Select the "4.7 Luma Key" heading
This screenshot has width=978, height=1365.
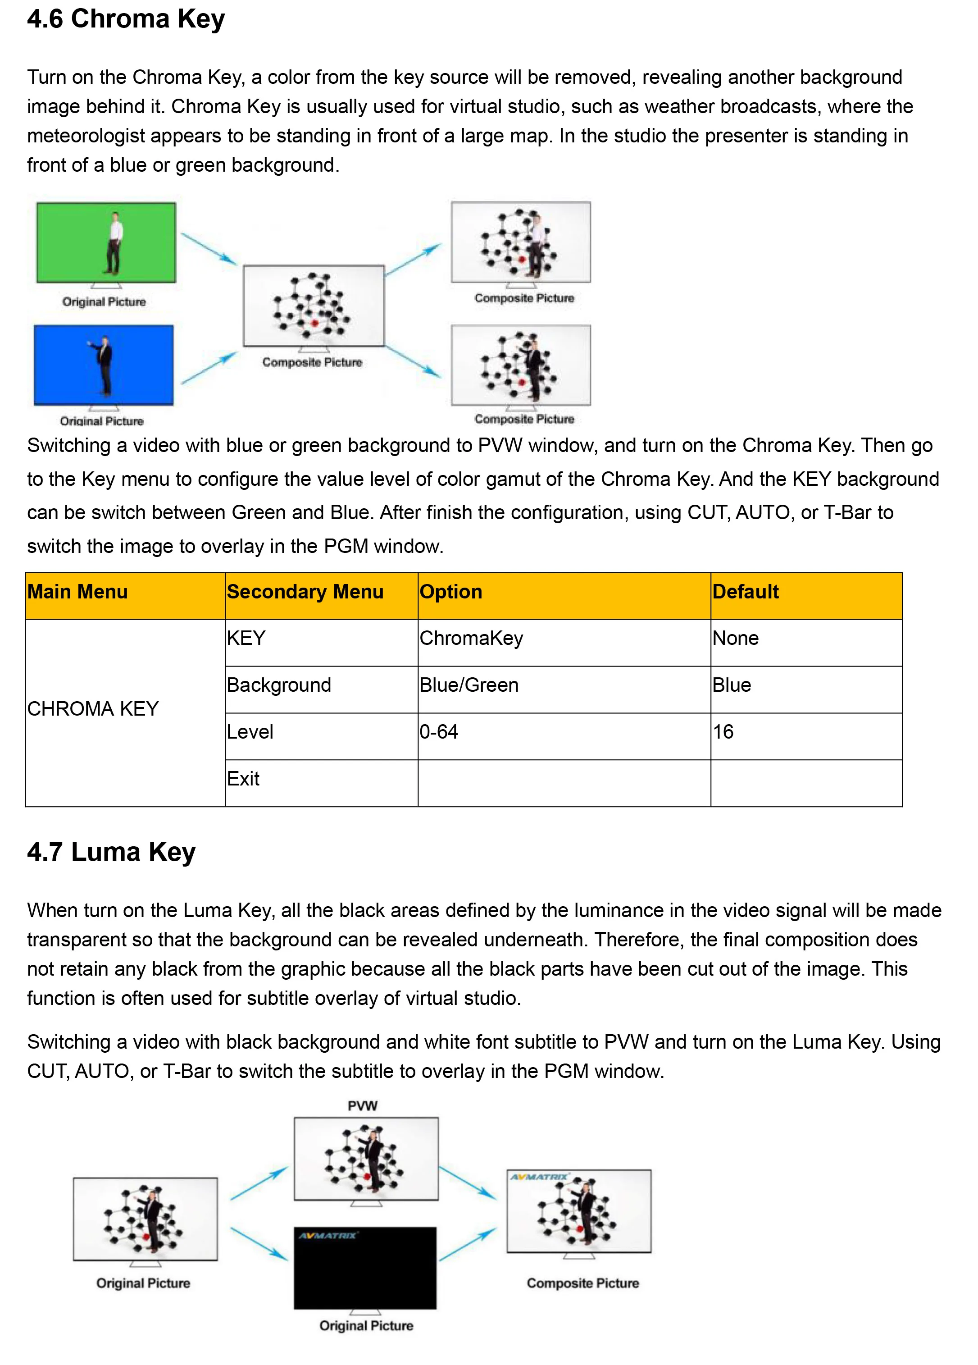click(x=111, y=852)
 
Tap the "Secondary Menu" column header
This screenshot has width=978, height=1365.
click(x=305, y=592)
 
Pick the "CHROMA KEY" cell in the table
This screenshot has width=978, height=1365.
click(x=93, y=709)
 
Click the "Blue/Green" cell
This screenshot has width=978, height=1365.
click(x=469, y=685)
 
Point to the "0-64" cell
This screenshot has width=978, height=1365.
click(x=439, y=732)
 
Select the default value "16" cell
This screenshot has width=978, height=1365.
click(x=723, y=732)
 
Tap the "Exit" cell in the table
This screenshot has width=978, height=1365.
click(x=243, y=780)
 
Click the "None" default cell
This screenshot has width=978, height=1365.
click(x=736, y=639)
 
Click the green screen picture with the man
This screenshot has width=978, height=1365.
click(x=106, y=242)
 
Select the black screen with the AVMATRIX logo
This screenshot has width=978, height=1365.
click(x=365, y=1268)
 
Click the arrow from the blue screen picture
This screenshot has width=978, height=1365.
click(x=209, y=368)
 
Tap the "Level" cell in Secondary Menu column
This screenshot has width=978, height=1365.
click(x=250, y=732)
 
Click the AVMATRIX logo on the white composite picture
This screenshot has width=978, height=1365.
click(x=539, y=1177)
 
